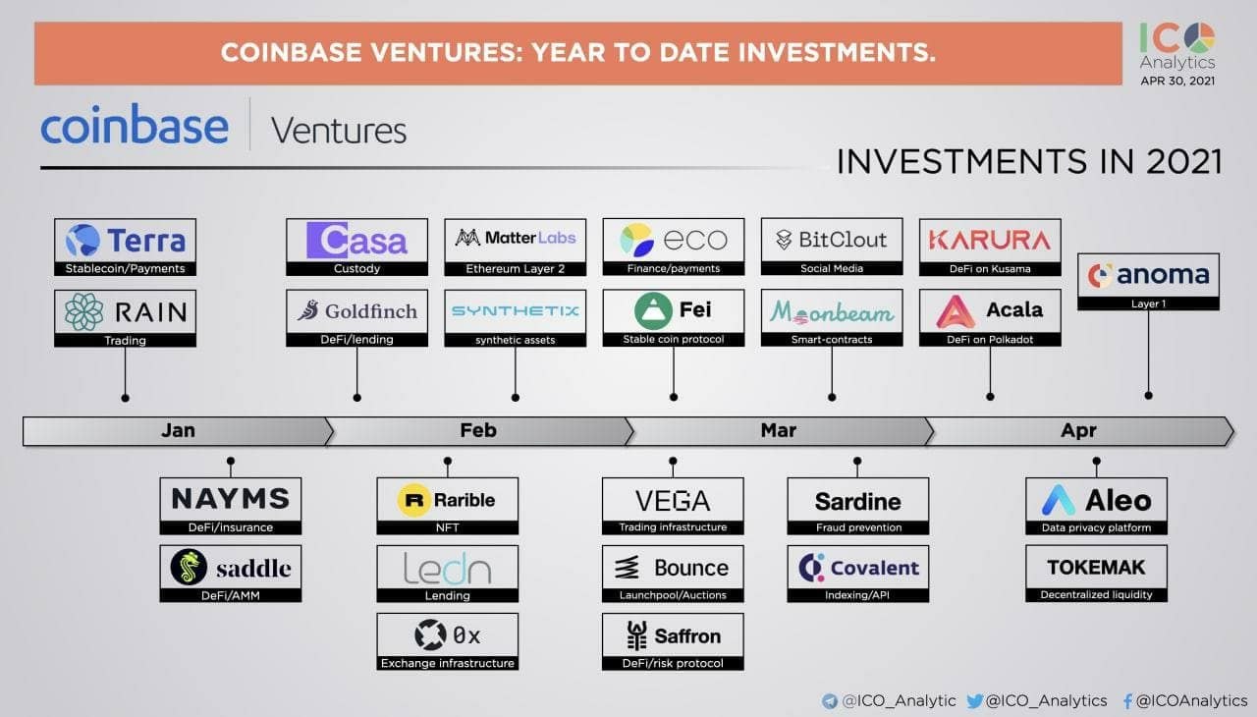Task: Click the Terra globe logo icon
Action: (83, 240)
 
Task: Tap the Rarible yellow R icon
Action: (414, 499)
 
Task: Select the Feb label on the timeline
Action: (478, 430)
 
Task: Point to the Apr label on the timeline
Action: (1078, 430)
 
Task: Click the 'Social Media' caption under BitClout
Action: (832, 269)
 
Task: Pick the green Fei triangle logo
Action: (653, 310)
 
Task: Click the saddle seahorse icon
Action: (189, 567)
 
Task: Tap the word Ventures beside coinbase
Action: (339, 131)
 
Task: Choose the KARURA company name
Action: (990, 240)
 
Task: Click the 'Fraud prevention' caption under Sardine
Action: (858, 527)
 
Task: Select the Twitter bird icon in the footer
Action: (975, 700)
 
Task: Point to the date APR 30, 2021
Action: (1177, 81)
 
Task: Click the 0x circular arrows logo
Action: (430, 635)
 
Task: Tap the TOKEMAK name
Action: (1096, 567)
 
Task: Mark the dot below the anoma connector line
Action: (1149, 396)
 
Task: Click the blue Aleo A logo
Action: (1058, 500)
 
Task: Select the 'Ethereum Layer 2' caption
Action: (516, 269)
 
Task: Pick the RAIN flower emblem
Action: (84, 311)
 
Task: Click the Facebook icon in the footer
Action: (1127, 701)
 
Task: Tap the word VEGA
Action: (673, 501)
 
